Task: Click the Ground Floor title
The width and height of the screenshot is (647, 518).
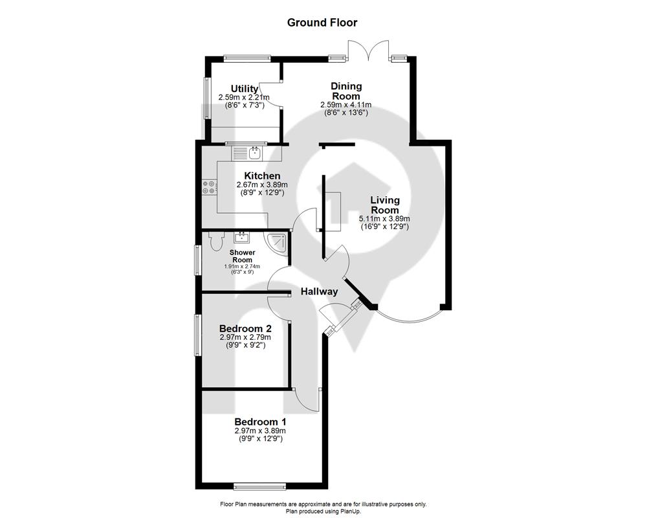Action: coord(322,22)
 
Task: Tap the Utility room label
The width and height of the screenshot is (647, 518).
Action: coord(245,89)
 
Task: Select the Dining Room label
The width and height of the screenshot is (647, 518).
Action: coord(346,91)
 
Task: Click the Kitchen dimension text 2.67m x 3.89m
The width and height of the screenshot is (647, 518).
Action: coord(261,185)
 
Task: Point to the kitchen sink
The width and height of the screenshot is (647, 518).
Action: coord(255,153)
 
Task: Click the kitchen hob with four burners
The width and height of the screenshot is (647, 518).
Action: coord(208,187)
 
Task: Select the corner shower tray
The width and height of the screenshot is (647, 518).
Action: coord(278,244)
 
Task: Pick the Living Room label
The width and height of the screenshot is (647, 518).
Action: coord(385,205)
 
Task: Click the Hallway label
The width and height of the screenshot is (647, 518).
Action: coord(319,291)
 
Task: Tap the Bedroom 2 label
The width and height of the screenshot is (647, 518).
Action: coord(245,329)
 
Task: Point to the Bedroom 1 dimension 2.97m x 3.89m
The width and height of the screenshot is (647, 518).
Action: coord(260,431)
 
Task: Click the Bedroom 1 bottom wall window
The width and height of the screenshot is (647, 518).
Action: coord(259,487)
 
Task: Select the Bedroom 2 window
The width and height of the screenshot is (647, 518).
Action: coord(197,335)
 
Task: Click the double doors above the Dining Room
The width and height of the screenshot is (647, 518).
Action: coord(368,51)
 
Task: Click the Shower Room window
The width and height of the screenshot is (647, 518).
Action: coord(197,260)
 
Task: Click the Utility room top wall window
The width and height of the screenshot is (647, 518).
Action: coord(247,58)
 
